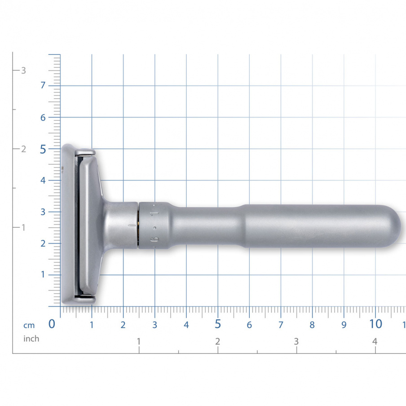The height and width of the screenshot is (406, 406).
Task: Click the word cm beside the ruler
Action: (x=29, y=326)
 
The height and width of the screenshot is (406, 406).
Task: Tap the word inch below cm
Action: (x=31, y=339)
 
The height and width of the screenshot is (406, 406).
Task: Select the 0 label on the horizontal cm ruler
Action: (x=52, y=324)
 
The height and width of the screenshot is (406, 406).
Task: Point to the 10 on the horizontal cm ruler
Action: (x=376, y=324)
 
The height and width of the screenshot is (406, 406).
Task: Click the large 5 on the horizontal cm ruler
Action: (x=218, y=324)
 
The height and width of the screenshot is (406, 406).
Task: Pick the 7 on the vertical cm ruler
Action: (x=43, y=85)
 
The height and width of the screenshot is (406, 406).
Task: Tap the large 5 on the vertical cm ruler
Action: (x=43, y=150)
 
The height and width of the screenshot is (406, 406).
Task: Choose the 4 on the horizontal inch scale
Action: (x=375, y=341)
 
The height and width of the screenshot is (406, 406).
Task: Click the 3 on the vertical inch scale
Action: (x=23, y=71)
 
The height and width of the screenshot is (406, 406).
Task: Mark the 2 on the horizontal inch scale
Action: (x=218, y=341)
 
